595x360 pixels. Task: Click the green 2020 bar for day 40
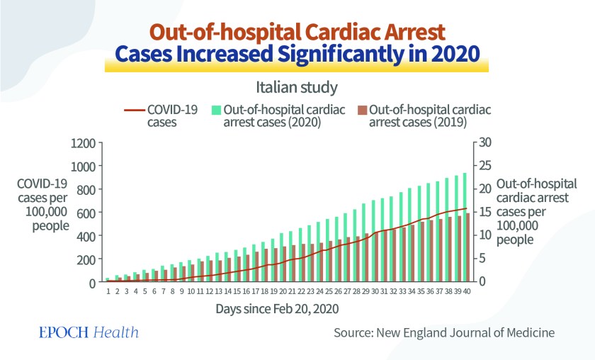click(x=464, y=227)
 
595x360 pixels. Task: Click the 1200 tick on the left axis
click(x=83, y=143)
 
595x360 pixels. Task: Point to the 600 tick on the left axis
click(x=86, y=213)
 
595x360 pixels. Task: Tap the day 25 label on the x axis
click(x=329, y=291)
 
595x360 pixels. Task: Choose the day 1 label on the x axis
click(x=108, y=291)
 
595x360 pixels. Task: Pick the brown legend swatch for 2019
click(x=361, y=110)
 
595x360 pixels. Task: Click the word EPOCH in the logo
click(x=62, y=333)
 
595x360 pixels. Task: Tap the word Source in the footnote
click(x=354, y=332)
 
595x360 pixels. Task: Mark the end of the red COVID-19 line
click(x=467, y=208)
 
